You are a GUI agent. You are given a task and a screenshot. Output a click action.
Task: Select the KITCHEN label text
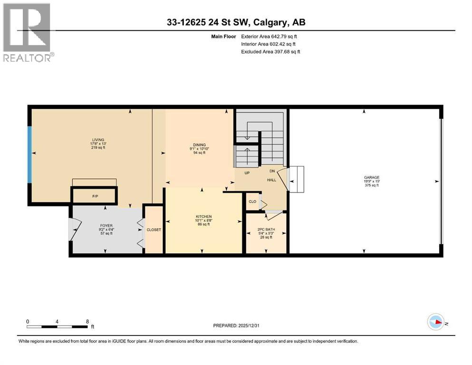coord(203,216)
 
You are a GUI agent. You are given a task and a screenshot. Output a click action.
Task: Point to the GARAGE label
coord(365,178)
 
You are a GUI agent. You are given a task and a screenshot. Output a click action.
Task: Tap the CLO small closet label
coord(252,202)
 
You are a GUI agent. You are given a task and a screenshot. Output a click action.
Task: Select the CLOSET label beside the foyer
coord(154,230)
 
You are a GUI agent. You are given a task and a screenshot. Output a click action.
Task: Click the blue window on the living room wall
coord(29,154)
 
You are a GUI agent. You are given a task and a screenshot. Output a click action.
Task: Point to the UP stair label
coord(247,173)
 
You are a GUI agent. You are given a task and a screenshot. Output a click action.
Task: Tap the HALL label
coord(271,180)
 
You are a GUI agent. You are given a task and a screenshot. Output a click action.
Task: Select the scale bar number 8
coord(87,321)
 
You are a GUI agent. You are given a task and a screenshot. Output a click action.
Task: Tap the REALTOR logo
coord(28,32)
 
